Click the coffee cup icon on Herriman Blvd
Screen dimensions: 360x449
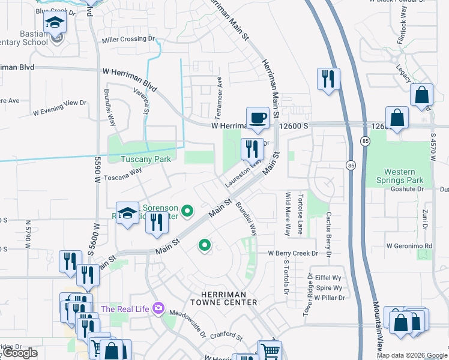click(x=258, y=118)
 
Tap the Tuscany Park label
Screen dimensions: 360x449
click(x=146, y=159)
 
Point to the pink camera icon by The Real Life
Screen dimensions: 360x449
click(x=158, y=308)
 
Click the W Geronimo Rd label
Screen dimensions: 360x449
click(x=409, y=246)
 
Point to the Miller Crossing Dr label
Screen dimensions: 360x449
click(x=128, y=39)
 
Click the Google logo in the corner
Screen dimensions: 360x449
click(x=20, y=353)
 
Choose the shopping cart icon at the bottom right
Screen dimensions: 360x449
click(x=270, y=350)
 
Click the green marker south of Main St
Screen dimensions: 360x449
click(x=205, y=245)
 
